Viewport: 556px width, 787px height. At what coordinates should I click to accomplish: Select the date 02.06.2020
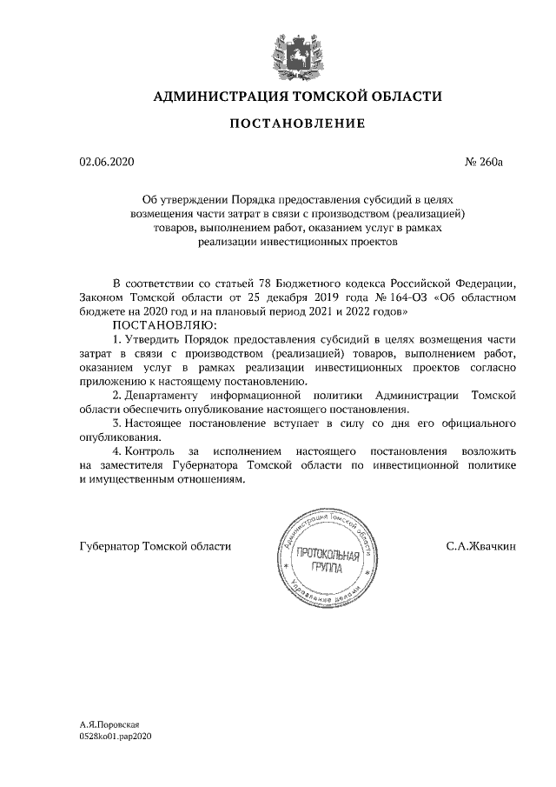point(108,162)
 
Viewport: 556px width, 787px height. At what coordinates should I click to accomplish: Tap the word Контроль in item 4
point(149,452)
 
